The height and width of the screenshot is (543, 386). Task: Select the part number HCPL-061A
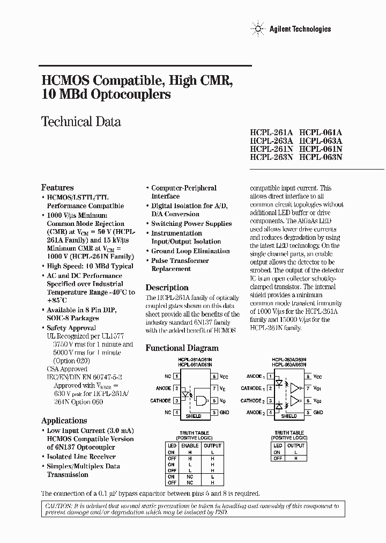321,131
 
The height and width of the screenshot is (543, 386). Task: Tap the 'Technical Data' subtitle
81,122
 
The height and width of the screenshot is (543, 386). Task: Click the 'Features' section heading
57,187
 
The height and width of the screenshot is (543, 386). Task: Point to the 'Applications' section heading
64,420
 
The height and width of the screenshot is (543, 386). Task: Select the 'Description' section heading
167,288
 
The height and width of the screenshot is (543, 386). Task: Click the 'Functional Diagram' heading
182,348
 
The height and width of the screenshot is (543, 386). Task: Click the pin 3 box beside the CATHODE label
176,400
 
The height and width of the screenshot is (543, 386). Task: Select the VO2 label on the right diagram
318,400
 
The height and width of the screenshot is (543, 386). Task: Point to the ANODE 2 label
256,412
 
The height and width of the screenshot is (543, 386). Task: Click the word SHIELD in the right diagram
289,416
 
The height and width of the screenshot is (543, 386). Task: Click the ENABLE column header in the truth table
190,445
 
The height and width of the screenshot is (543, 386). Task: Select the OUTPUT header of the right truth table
296,445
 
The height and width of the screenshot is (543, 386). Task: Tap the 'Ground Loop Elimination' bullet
190,251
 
